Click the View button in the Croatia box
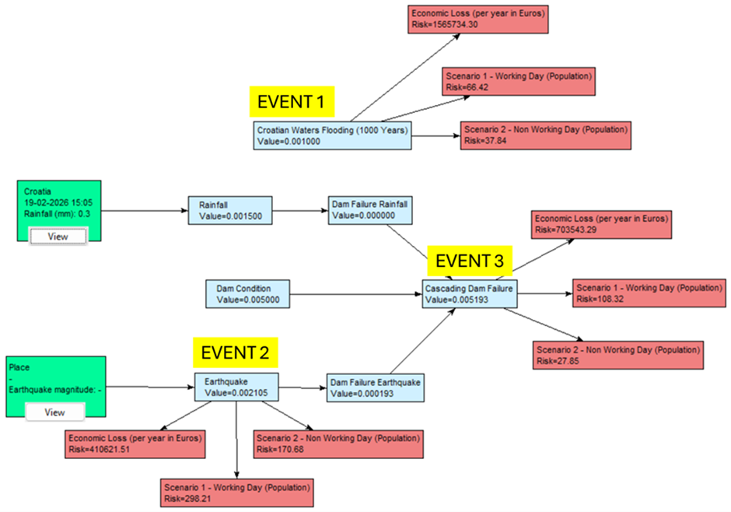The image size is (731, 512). point(58,237)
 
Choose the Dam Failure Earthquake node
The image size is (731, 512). point(376,388)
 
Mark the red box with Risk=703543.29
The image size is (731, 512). point(600,224)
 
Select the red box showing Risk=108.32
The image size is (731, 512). point(649,293)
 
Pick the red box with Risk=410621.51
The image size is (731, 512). point(135,444)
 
